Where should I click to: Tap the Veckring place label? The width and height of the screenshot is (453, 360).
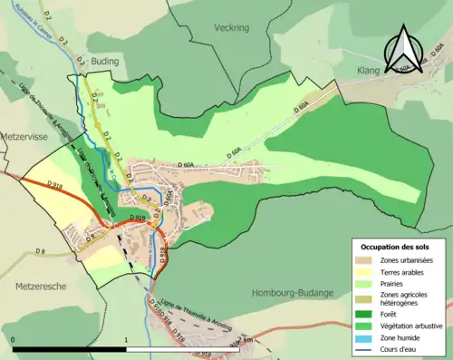click(231, 28)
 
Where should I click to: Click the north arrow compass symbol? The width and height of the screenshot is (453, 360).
click(404, 53)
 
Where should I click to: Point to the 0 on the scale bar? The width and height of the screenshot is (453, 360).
click(14, 339)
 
